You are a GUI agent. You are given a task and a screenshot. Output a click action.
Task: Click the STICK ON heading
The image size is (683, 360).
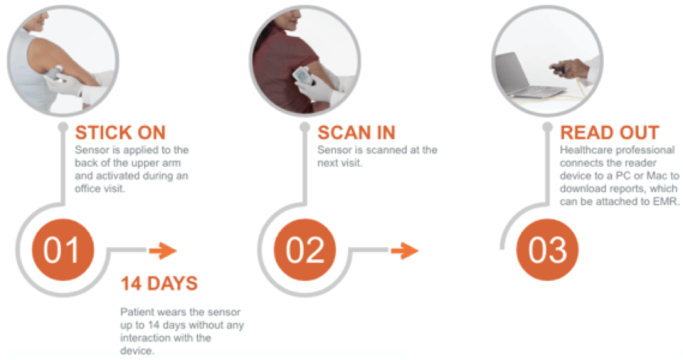(x=120, y=133)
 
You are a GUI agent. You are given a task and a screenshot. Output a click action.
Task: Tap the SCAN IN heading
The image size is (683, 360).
(x=357, y=133)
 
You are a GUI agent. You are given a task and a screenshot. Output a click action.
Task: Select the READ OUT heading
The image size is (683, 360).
(x=609, y=133)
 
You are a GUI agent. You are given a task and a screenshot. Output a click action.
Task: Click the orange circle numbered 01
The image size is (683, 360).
(x=63, y=250)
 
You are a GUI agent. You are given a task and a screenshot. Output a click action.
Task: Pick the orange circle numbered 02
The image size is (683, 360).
(x=305, y=250)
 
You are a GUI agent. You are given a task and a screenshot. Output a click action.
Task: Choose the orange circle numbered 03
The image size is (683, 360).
(x=547, y=250)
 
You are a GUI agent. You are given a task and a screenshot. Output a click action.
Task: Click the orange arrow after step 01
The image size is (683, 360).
(x=163, y=250)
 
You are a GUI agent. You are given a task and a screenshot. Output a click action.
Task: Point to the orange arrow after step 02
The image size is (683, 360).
(x=405, y=250)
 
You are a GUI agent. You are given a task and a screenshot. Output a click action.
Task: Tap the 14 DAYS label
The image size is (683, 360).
(x=159, y=284)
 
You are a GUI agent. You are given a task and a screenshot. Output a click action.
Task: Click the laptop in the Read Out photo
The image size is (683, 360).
(x=527, y=78)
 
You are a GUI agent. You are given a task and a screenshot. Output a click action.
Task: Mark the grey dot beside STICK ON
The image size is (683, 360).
(x=63, y=127)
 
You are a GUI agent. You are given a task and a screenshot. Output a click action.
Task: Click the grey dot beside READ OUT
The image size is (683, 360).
(x=548, y=127)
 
